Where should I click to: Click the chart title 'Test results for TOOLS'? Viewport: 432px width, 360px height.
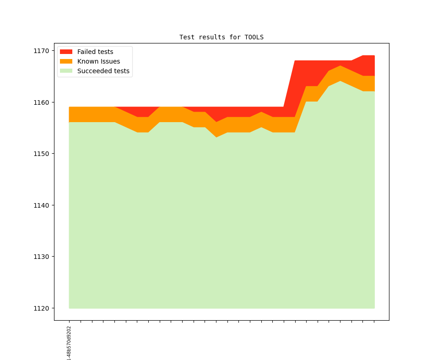[221, 37]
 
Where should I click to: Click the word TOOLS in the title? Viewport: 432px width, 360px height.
[254, 37]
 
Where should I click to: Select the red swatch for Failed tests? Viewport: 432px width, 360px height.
[66, 52]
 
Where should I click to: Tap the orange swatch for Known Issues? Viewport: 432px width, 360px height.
[66, 61]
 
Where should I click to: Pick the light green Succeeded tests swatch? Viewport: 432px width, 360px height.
[66, 71]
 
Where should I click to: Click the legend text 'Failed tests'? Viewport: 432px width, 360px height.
[95, 52]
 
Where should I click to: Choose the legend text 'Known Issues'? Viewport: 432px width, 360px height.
[98, 61]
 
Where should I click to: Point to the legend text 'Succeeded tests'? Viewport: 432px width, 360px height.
[103, 71]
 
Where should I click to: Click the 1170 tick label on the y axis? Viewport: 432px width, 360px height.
[41, 51]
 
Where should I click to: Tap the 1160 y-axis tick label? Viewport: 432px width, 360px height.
[41, 102]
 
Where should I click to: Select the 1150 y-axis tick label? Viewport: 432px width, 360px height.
[41, 154]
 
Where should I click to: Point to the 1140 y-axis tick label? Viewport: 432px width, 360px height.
[41, 205]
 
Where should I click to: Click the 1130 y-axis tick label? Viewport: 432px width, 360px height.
[41, 257]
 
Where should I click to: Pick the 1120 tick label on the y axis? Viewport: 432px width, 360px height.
[41, 308]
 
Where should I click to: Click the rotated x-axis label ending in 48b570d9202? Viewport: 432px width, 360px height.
[69, 342]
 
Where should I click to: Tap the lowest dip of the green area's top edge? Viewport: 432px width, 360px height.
[216, 137]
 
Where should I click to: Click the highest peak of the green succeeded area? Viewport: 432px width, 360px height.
[340, 81]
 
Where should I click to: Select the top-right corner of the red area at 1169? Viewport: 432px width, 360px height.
[374, 56]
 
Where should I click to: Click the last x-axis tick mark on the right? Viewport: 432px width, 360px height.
[374, 322]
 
